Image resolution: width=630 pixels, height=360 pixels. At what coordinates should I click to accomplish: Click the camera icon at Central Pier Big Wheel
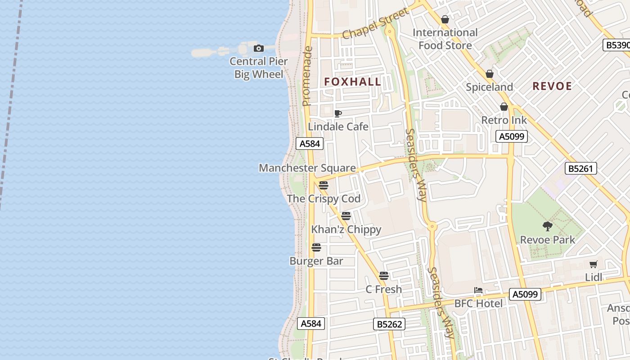[258, 48]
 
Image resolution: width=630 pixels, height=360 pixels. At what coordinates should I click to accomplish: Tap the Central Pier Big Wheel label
[258, 68]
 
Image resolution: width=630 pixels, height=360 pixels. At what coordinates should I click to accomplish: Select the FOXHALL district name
[353, 82]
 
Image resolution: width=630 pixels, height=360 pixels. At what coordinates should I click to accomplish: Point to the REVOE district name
[552, 86]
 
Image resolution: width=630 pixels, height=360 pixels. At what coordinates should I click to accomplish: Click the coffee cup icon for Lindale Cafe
[338, 113]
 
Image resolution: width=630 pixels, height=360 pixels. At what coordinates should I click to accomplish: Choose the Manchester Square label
[307, 168]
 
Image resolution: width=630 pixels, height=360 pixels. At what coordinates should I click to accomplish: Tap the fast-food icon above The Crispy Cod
[324, 185]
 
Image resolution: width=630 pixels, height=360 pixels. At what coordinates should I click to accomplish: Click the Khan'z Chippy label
[346, 229]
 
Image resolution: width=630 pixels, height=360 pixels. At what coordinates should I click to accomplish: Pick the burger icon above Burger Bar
[316, 247]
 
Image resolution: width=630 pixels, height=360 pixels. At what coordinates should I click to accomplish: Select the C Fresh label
[383, 289]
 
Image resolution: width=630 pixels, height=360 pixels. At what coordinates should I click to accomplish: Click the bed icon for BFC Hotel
[478, 290]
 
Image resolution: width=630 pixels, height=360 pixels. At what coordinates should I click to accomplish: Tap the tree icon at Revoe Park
[548, 226]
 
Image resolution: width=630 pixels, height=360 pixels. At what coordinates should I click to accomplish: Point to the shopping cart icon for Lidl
[594, 264]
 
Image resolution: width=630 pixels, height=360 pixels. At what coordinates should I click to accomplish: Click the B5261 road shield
[580, 169]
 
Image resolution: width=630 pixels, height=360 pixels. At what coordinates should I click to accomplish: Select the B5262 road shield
[389, 324]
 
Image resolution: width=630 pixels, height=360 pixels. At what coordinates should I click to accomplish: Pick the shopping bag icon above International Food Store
[445, 19]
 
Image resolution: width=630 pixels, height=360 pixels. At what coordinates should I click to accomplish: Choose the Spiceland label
[489, 87]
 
